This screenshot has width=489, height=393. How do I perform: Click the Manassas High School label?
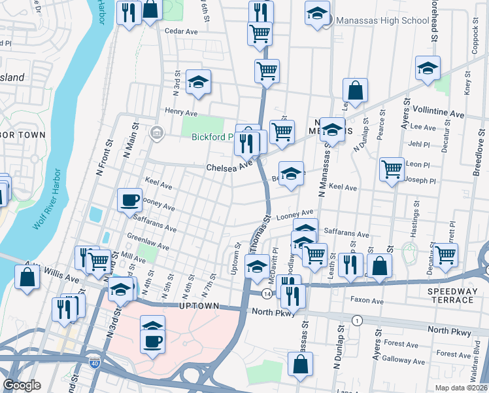point(382,20)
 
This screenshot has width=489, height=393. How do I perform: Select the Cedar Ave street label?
point(181,31)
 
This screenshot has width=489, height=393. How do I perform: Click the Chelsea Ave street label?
point(229,167)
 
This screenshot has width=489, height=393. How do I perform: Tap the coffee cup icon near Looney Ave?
point(129,199)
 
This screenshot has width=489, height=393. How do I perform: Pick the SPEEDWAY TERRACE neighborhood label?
point(450,295)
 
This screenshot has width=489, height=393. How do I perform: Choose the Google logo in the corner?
point(22,385)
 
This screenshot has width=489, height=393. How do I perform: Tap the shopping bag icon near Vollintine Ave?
point(355,92)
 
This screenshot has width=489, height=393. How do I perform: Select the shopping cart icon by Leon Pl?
point(392,170)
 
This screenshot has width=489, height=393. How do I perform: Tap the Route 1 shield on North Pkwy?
point(357,320)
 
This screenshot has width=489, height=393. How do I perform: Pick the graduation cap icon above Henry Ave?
point(198,83)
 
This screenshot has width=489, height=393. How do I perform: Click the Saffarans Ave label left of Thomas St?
point(155,224)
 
